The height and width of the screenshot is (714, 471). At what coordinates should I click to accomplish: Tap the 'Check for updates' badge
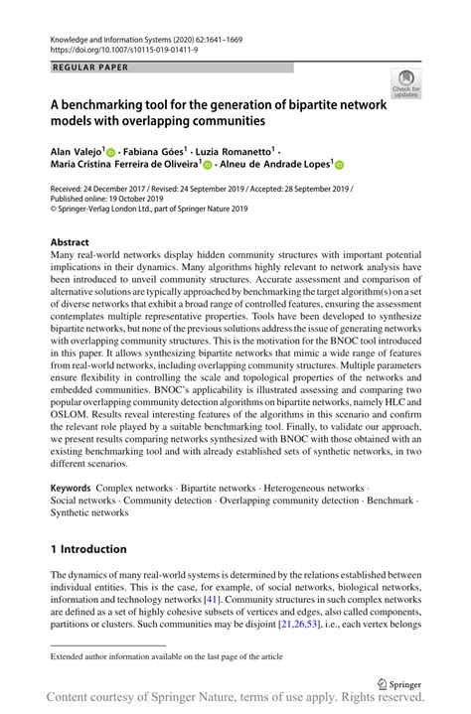pyautogui.click(x=404, y=84)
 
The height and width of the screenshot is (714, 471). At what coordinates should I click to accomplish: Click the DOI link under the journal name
pyautogui.click(x=113, y=47)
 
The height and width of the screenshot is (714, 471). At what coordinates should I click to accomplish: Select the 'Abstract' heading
pyautogui.click(x=70, y=242)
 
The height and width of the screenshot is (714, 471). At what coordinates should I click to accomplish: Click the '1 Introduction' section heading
pyautogui.click(x=88, y=549)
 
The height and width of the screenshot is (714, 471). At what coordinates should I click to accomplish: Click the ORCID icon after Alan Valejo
pyautogui.click(x=111, y=150)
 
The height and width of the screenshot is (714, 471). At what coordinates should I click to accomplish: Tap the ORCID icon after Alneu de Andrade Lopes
pyautogui.click(x=338, y=166)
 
